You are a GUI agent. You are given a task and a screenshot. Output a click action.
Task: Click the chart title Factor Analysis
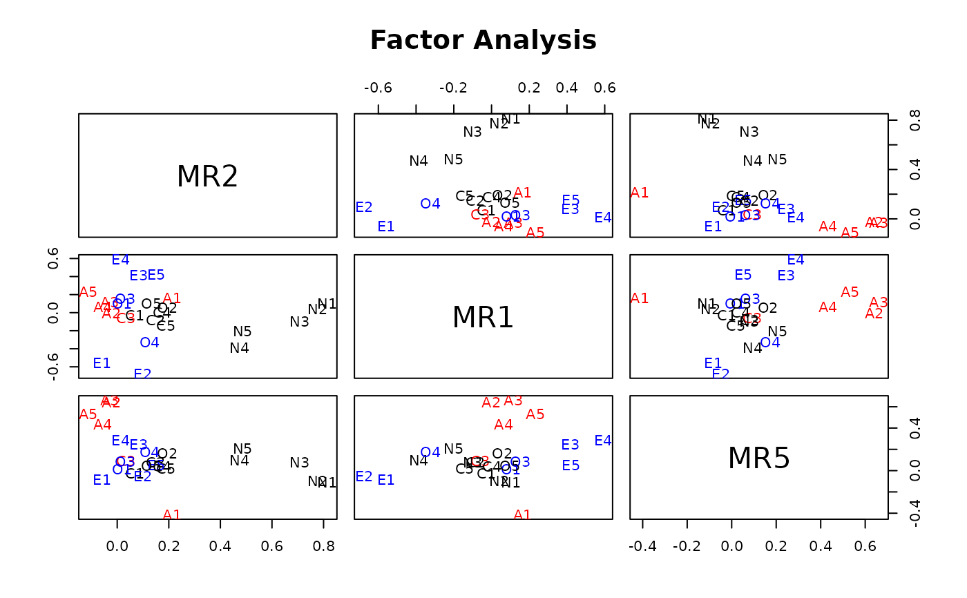click(x=483, y=41)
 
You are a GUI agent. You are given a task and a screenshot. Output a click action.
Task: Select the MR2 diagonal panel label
click(x=207, y=177)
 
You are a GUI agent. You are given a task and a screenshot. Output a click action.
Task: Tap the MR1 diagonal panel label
click(x=483, y=318)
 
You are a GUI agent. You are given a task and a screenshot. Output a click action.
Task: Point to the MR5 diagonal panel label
click(x=758, y=459)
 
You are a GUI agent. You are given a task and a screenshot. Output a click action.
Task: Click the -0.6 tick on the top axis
click(x=379, y=88)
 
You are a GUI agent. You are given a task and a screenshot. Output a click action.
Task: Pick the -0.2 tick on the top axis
click(x=454, y=88)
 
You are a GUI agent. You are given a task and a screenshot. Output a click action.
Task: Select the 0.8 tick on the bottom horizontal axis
click(x=323, y=546)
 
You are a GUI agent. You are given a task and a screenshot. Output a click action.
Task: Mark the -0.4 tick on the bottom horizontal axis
click(x=642, y=546)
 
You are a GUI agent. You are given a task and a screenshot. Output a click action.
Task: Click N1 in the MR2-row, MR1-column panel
click(x=511, y=119)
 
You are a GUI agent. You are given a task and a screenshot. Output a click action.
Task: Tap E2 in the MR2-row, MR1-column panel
click(x=364, y=207)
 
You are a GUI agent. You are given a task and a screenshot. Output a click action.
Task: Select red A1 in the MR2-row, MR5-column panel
click(x=640, y=193)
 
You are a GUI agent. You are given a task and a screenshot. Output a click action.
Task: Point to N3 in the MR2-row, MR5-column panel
click(x=749, y=132)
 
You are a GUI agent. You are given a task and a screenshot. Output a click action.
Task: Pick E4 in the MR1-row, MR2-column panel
click(x=121, y=260)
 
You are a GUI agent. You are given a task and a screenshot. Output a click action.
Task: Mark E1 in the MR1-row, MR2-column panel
click(x=102, y=363)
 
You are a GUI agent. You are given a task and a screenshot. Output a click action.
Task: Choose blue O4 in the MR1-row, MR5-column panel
click(x=770, y=343)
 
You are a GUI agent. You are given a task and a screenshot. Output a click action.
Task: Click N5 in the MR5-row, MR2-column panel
click(x=242, y=449)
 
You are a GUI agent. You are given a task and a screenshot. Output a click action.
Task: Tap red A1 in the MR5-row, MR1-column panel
click(x=522, y=514)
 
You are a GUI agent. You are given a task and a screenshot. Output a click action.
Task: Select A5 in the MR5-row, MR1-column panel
click(x=535, y=414)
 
